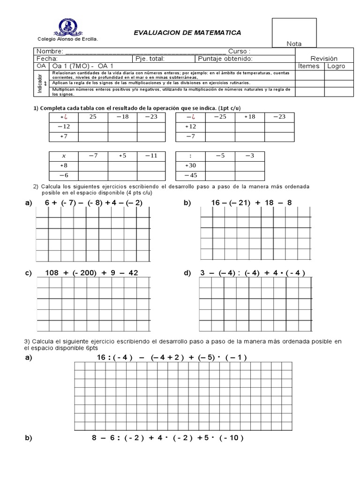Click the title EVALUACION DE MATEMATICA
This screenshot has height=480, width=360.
[x=187, y=33]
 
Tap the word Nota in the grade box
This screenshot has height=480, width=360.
[x=294, y=44]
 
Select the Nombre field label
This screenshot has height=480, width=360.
[x=49, y=51]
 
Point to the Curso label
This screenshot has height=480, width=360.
[x=239, y=51]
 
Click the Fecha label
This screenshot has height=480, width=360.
[x=47, y=59]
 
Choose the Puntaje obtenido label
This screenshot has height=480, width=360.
[x=225, y=59]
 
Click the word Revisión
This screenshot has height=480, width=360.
[x=324, y=59]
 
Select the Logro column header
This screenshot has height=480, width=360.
[x=336, y=66]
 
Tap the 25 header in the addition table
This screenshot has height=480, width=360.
[x=93, y=117]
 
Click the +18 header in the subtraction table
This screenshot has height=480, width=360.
[x=249, y=117]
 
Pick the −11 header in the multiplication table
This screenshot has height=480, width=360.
[x=151, y=155]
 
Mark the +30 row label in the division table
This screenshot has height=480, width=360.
[x=190, y=165]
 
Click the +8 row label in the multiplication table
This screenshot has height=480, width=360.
[x=64, y=165]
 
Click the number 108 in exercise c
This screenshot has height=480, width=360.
[x=53, y=273]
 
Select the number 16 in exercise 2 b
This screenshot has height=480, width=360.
[x=216, y=202]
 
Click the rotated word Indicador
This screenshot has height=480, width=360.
[x=40, y=83]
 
